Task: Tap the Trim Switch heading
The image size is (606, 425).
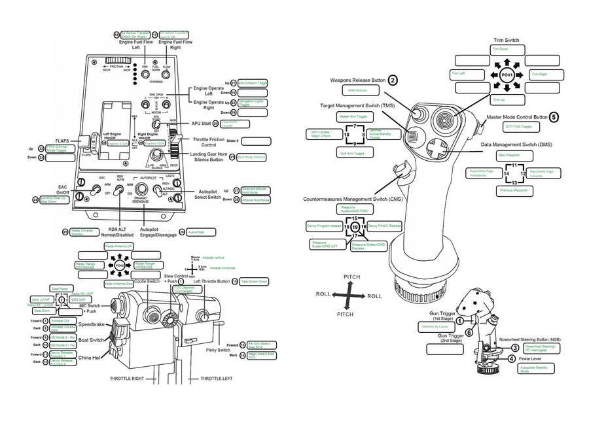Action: (x=506, y=41)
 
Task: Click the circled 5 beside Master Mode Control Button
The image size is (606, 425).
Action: (x=553, y=118)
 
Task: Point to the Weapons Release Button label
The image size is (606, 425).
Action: (x=358, y=80)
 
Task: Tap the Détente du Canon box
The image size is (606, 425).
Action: (x=435, y=326)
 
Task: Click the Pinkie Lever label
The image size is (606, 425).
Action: (x=531, y=359)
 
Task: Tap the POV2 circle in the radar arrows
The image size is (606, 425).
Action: (x=120, y=267)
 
